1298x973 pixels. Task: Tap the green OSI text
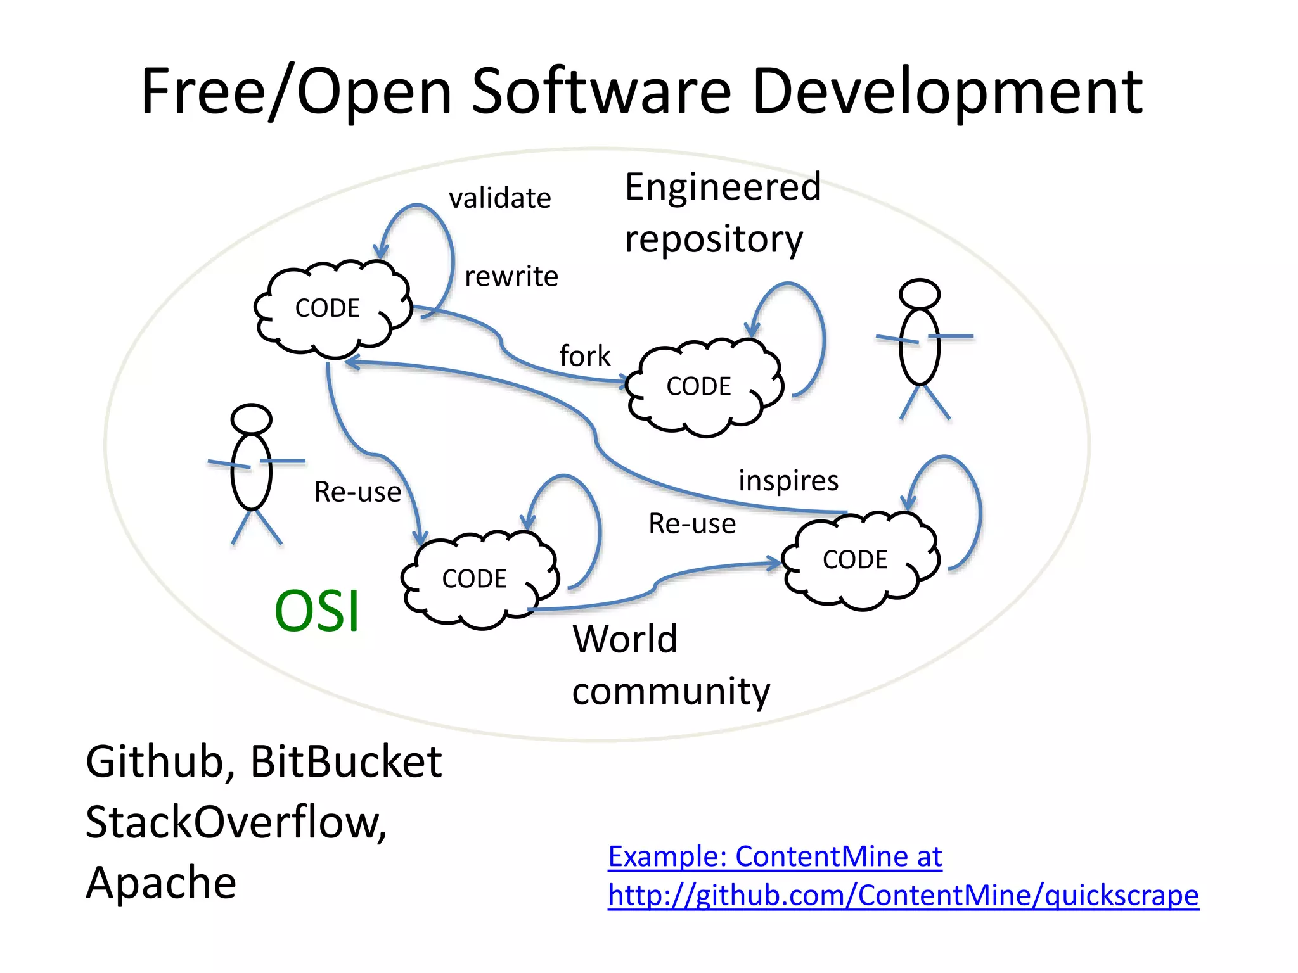coord(317,611)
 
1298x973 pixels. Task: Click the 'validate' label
coord(499,198)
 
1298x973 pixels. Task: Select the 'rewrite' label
coord(511,277)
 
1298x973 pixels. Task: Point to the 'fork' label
coord(584,356)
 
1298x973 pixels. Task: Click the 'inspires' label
coord(788,481)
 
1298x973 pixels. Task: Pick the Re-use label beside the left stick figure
coord(357,492)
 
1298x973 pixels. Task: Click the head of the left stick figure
coord(252,419)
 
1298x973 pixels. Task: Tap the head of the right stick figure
coord(919,294)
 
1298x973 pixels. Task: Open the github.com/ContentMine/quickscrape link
coord(903,896)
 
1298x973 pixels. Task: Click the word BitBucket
coord(346,761)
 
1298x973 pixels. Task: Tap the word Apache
coord(161,882)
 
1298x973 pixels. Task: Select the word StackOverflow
coord(235,822)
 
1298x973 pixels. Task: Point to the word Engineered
coord(723,187)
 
